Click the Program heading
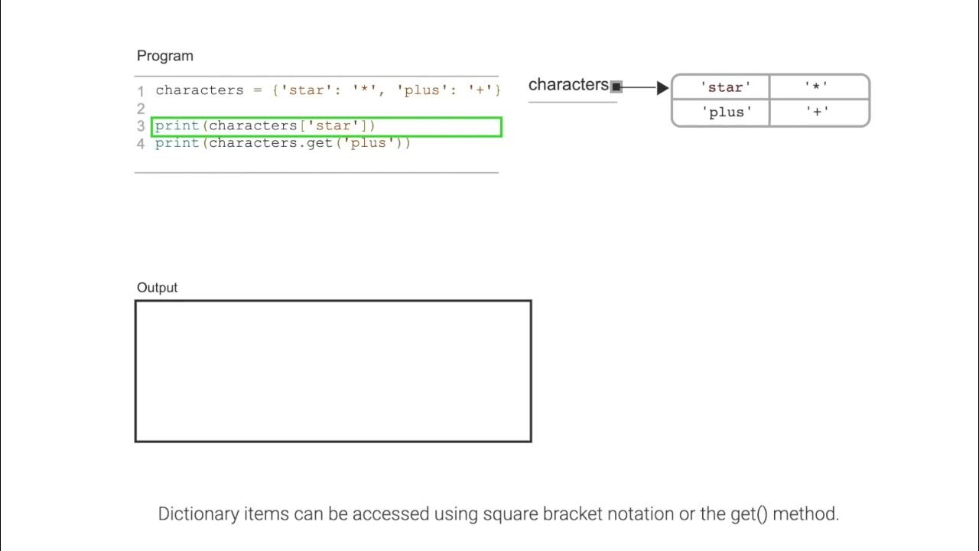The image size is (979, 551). click(164, 56)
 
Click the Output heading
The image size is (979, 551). click(157, 288)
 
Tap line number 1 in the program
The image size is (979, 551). click(141, 91)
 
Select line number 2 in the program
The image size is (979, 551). click(141, 109)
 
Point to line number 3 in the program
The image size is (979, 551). click(141, 126)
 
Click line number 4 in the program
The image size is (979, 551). click(141, 144)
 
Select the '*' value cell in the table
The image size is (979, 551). click(817, 87)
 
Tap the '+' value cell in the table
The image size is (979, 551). click(817, 112)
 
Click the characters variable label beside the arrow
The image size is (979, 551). click(568, 85)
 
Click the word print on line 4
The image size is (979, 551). click(177, 143)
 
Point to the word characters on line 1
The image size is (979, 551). click(199, 90)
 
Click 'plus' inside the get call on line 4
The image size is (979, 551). click(369, 143)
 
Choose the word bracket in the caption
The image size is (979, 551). click(574, 514)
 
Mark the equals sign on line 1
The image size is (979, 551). click(257, 90)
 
